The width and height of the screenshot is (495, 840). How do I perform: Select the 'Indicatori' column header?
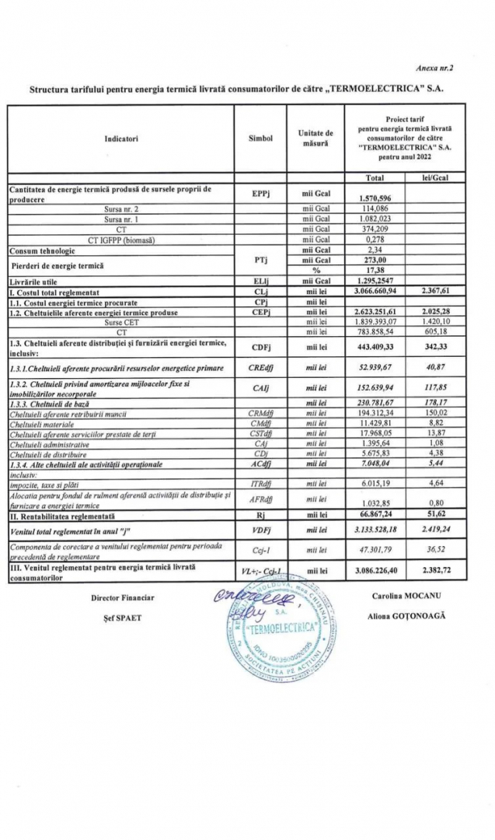tap(120, 138)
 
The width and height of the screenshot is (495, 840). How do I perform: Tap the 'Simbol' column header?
tap(260, 138)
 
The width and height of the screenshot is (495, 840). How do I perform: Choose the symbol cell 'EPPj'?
tap(260, 193)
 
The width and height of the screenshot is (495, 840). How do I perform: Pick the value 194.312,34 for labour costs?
tap(375, 412)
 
